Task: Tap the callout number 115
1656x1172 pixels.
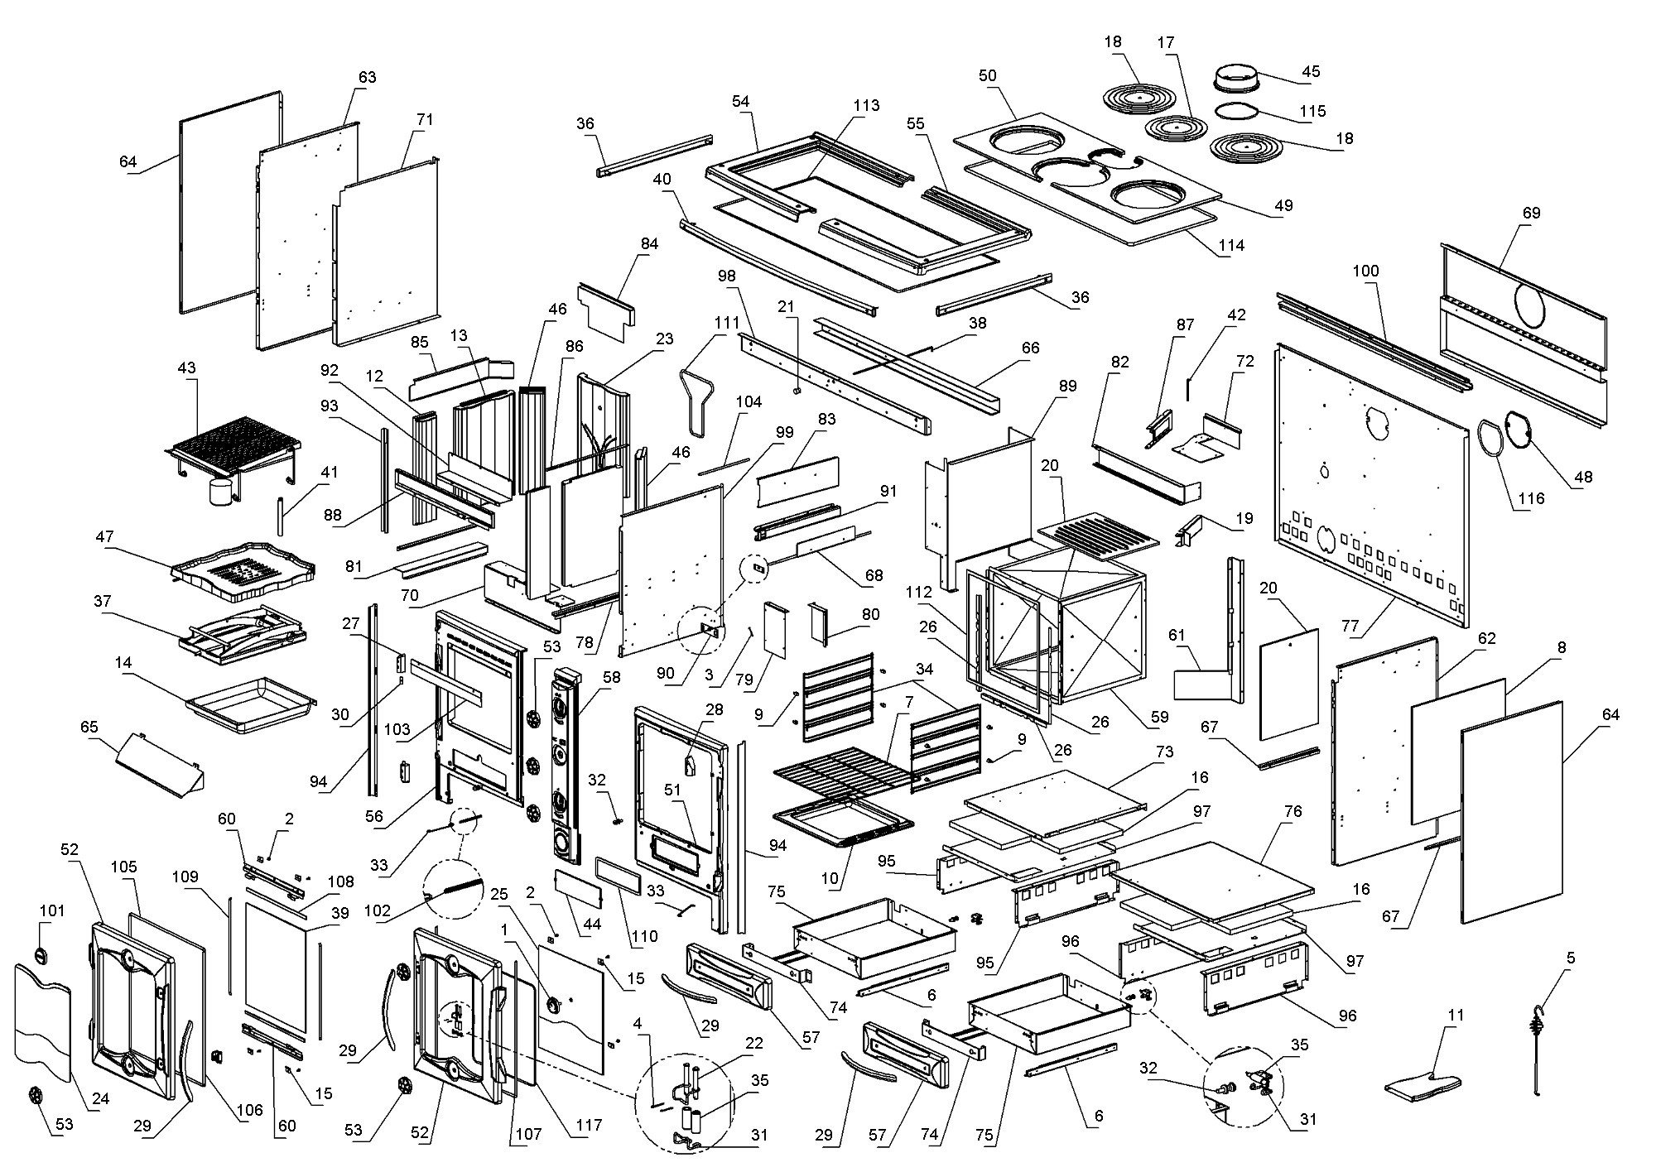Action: click(x=1312, y=111)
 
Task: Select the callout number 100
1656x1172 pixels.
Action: click(x=1365, y=271)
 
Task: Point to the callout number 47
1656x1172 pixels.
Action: click(x=104, y=536)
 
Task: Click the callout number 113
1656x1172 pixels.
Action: click(x=866, y=106)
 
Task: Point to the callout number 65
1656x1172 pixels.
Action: click(x=89, y=728)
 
